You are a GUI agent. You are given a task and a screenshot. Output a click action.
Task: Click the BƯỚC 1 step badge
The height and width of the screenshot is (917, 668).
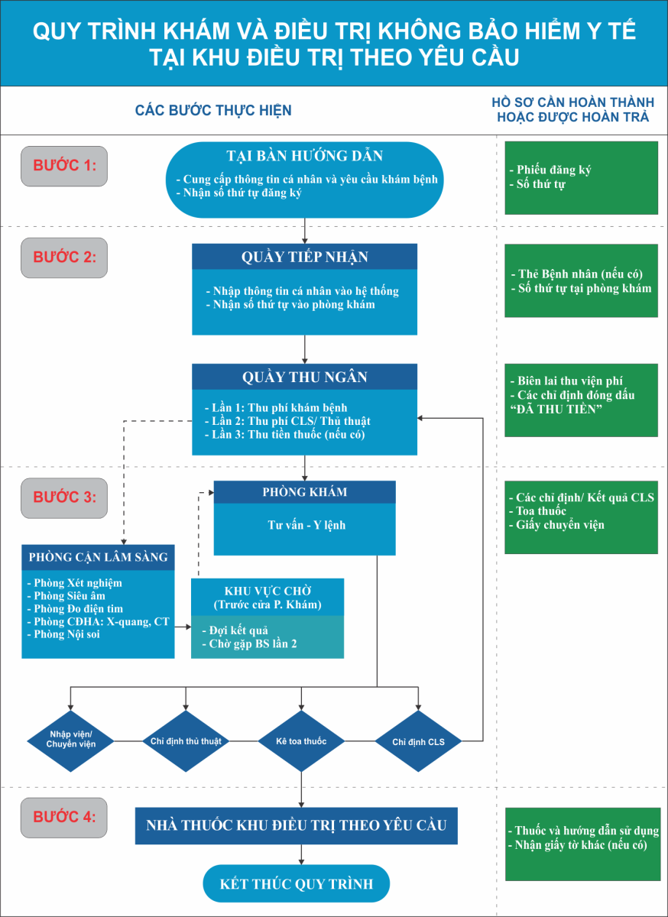point(64,167)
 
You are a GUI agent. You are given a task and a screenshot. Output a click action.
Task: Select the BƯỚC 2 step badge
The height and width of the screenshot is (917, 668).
point(64,258)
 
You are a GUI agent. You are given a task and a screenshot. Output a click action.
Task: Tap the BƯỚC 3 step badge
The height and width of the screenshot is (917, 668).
point(64,498)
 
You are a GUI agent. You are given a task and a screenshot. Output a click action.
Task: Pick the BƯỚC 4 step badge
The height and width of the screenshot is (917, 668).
point(64,818)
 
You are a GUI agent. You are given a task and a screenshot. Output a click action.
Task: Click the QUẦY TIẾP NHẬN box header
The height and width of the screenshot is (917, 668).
point(305,257)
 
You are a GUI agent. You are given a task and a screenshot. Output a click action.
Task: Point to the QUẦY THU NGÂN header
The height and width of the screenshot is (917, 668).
point(305,377)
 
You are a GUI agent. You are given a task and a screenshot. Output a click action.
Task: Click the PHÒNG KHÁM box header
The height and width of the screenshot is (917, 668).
point(305,492)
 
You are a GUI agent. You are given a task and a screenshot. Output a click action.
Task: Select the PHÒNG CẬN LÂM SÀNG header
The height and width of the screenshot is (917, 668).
point(99,557)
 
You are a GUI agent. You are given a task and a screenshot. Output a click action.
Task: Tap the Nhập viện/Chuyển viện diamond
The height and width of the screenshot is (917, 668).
point(70,741)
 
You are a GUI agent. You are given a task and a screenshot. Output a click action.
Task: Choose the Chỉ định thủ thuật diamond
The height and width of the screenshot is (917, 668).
point(186,741)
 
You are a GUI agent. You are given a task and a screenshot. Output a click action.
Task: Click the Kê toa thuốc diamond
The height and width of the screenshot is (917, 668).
point(301,741)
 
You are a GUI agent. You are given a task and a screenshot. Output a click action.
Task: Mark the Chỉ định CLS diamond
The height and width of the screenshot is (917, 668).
point(418,741)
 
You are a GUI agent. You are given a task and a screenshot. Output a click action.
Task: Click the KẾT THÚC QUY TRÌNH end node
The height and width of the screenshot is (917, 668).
point(296,883)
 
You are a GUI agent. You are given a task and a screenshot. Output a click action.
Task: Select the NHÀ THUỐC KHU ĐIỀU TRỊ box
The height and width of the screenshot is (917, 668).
point(296,826)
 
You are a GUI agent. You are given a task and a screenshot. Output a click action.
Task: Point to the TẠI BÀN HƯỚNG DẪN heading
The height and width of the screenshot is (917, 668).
point(305,156)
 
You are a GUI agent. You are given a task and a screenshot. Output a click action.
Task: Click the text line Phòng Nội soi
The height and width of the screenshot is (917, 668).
point(63,634)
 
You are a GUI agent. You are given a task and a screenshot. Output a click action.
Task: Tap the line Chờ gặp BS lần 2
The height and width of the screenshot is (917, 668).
point(249,644)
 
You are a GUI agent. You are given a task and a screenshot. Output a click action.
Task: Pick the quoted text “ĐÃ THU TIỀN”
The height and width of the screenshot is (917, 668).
point(556,409)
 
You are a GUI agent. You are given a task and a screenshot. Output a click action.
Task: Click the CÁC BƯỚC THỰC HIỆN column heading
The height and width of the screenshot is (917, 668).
point(213,111)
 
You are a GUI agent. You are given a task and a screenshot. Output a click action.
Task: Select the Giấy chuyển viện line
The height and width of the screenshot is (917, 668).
point(556,525)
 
